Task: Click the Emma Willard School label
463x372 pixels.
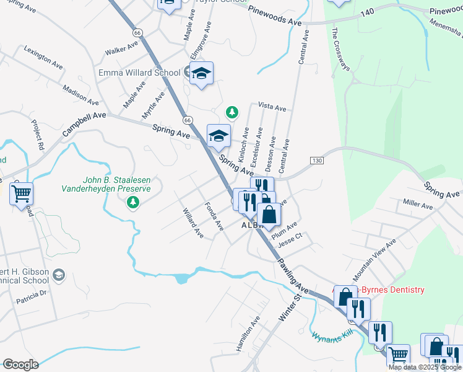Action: coord(139,73)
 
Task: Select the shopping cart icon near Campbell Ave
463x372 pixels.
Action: coord(21,194)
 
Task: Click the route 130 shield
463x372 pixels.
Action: coord(317,161)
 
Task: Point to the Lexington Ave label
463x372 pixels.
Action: coord(43,56)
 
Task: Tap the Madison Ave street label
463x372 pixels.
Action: coord(80,94)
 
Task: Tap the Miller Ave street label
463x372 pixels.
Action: coord(417,203)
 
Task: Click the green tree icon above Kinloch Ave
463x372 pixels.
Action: coord(232,112)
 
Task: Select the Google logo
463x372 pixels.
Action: coord(20,365)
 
